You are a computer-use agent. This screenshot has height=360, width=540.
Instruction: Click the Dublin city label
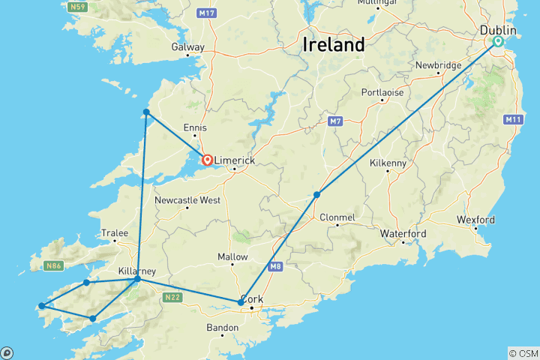tap(498, 30)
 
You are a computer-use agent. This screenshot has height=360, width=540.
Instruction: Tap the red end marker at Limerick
tap(206, 159)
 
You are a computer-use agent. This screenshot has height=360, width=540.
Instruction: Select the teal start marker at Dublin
tap(497, 42)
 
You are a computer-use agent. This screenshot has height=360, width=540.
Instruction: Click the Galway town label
tap(187, 46)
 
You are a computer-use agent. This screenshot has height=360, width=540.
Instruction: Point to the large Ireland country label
tap(334, 44)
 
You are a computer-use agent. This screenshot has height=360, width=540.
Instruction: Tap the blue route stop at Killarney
tap(137, 279)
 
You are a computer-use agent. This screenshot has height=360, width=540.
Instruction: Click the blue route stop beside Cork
tap(241, 302)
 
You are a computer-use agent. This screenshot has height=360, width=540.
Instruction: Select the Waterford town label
tap(403, 234)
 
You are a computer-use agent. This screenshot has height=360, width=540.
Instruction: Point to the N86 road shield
tap(53, 265)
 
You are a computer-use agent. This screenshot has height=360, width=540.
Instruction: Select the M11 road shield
tap(513, 119)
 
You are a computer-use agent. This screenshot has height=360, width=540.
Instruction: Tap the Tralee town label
tap(115, 232)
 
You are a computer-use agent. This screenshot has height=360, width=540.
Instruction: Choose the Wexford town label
tap(475, 220)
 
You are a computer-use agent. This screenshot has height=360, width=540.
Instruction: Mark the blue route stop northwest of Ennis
tap(147, 112)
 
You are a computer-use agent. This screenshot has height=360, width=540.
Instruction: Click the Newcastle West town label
tap(187, 200)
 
